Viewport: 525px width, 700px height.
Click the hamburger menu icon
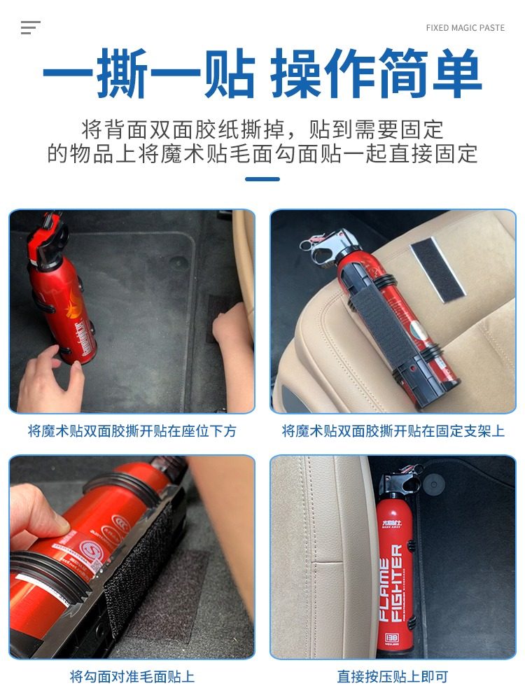(30, 28)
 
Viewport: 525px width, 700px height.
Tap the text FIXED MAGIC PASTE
(465, 28)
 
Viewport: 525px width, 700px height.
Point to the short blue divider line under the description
(262, 179)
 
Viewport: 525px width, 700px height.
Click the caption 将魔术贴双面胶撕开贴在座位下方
(132, 431)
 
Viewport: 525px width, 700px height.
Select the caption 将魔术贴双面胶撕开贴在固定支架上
(393, 431)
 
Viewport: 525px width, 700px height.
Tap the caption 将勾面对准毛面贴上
(132, 677)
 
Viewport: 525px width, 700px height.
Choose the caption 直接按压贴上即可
(393, 677)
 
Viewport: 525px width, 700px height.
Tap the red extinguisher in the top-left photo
(59, 294)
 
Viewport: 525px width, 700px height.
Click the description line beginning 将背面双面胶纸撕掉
(262, 129)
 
